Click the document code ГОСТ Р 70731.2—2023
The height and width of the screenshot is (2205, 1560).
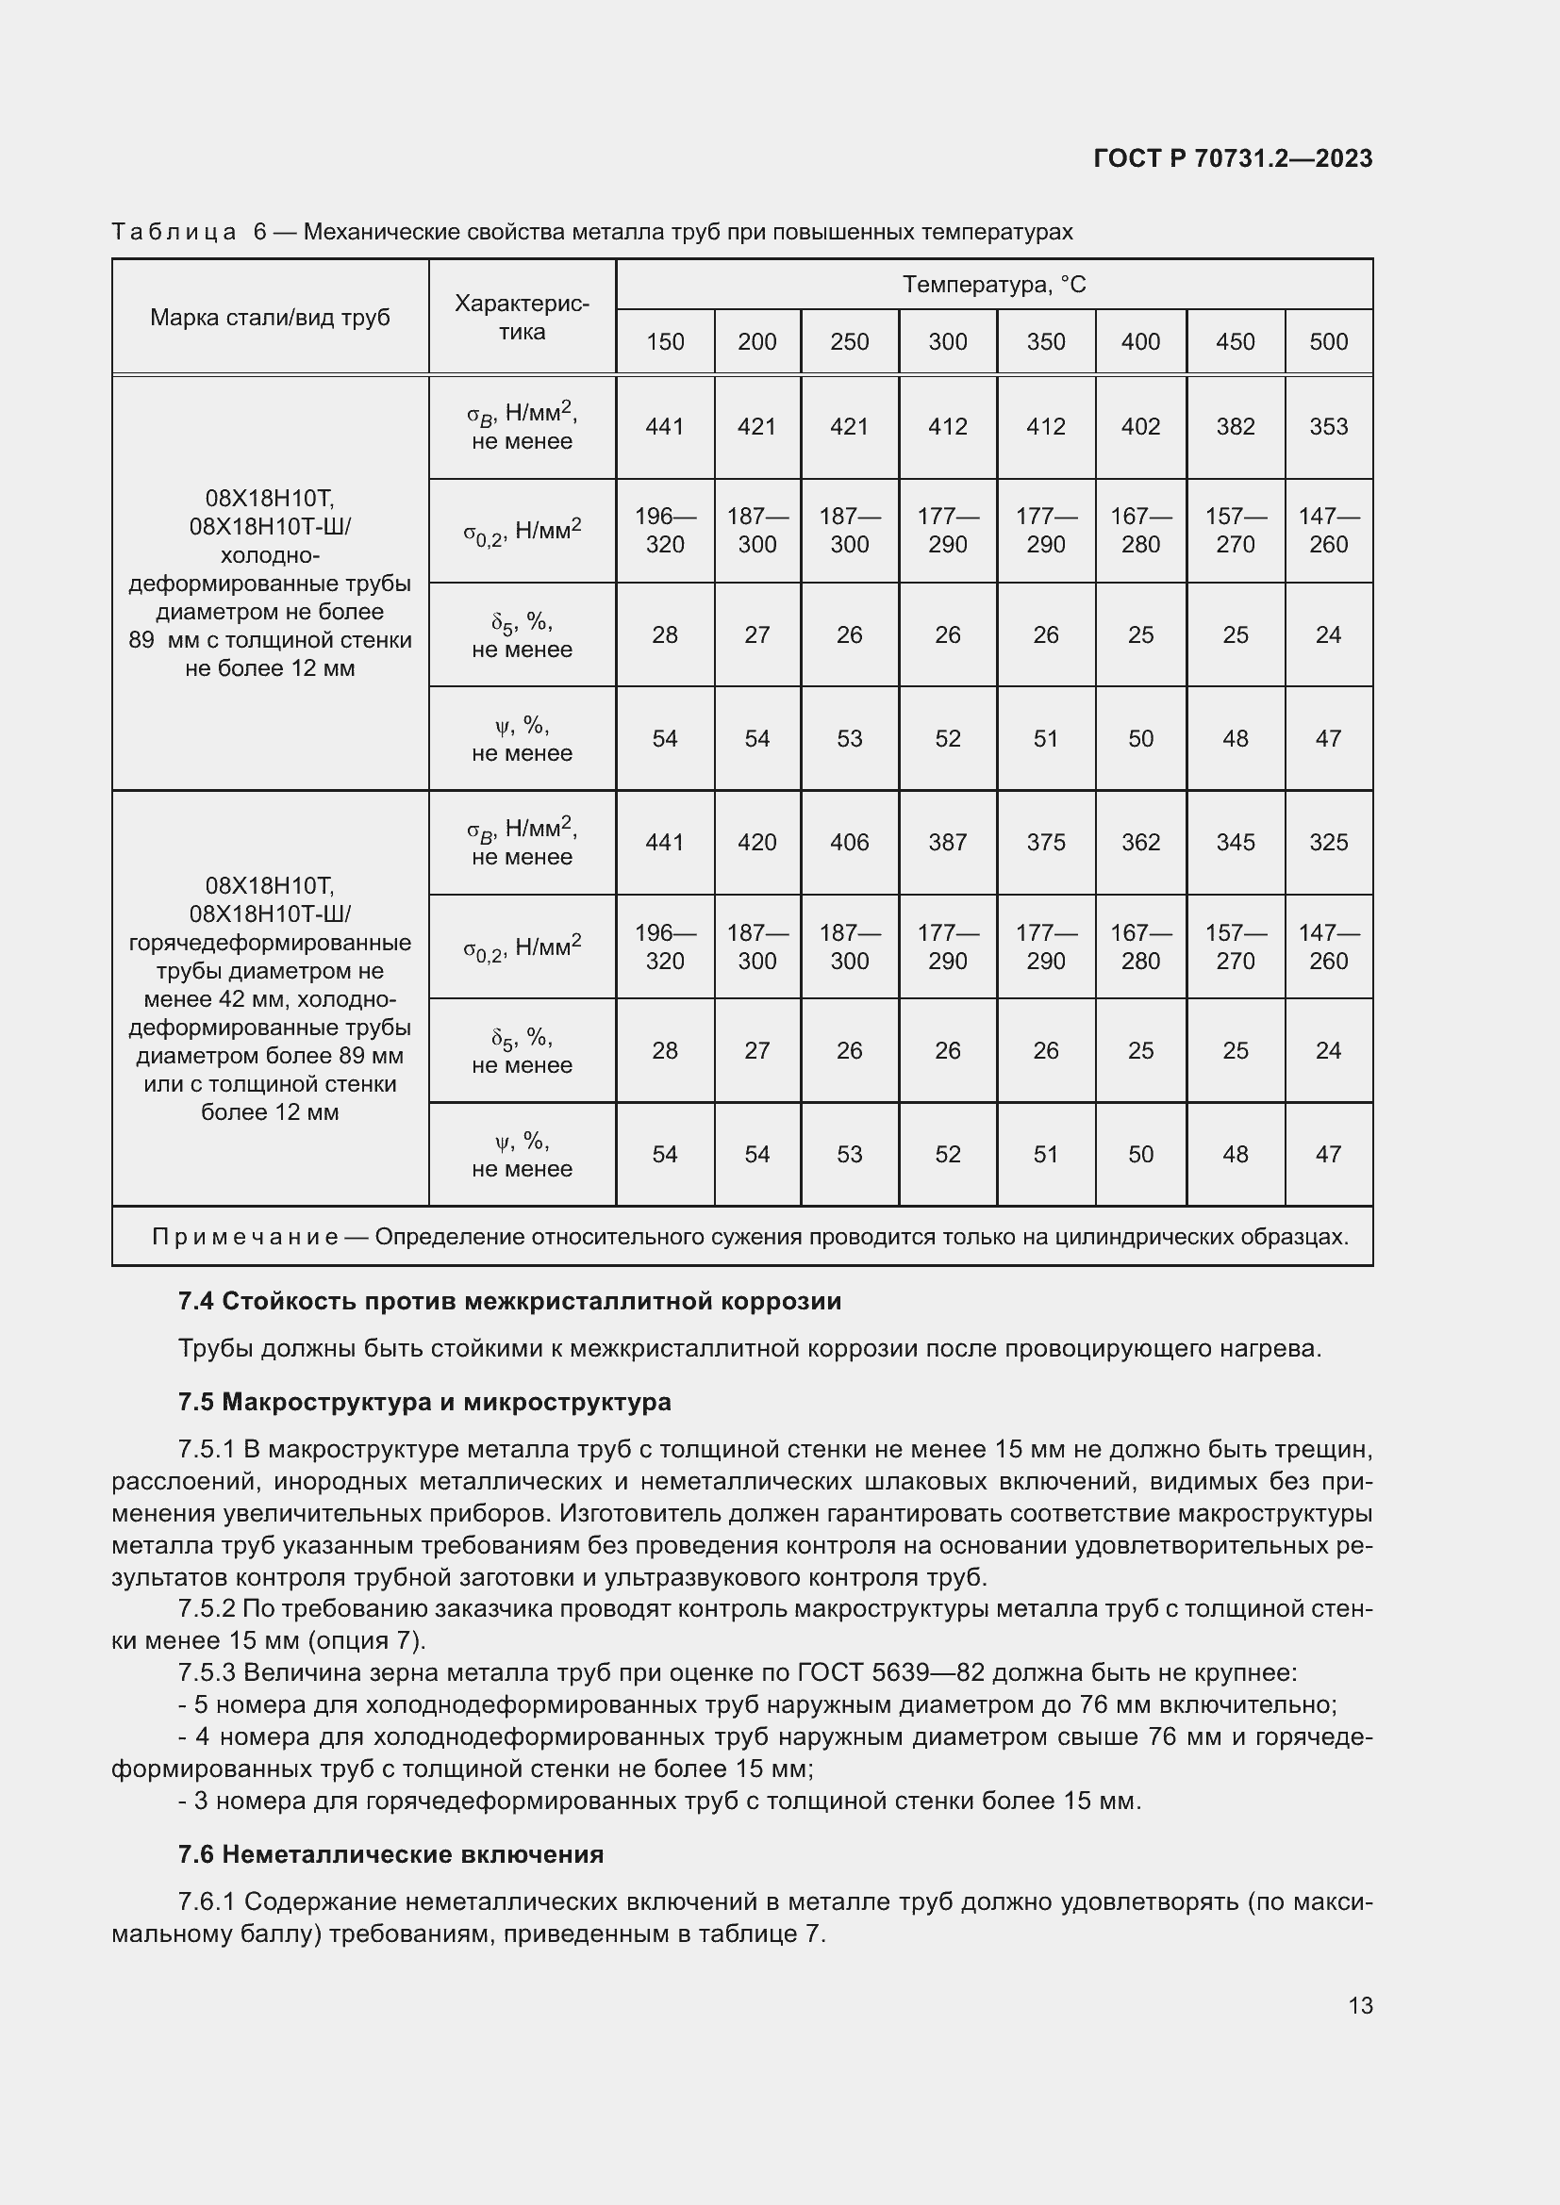[1233, 158]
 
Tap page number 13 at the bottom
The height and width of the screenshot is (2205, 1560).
[1360, 2005]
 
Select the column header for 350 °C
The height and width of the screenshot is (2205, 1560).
[1045, 342]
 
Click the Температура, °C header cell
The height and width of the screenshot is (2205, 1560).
[993, 285]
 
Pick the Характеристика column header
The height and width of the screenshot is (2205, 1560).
[522, 318]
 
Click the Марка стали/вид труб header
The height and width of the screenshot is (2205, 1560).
[270, 318]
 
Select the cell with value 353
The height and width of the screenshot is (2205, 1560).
[1329, 426]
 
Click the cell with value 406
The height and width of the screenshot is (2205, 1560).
[849, 842]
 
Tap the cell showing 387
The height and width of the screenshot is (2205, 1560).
[947, 842]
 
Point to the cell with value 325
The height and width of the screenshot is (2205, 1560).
[1329, 842]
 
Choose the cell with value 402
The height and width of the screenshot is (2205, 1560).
[1140, 426]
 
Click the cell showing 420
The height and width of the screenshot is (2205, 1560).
[757, 842]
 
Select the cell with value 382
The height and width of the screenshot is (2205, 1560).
[1236, 426]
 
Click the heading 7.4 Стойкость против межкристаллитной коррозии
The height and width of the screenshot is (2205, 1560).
[509, 1301]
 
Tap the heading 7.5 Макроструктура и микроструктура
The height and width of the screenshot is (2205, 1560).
[423, 1402]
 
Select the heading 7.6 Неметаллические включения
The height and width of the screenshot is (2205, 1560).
[390, 1854]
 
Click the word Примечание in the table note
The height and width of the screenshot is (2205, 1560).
[245, 1237]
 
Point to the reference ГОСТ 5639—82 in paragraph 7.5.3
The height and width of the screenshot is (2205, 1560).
[890, 1673]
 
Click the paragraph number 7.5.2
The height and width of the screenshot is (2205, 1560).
[207, 1608]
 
